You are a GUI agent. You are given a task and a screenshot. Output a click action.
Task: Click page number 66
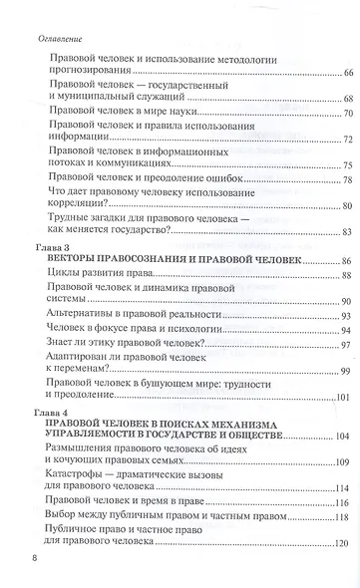tap(347, 75)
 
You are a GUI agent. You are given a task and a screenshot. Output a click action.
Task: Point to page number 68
tap(347, 99)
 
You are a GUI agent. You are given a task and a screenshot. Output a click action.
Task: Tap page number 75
tap(347, 164)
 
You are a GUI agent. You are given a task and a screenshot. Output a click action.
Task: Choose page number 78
tap(347, 180)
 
